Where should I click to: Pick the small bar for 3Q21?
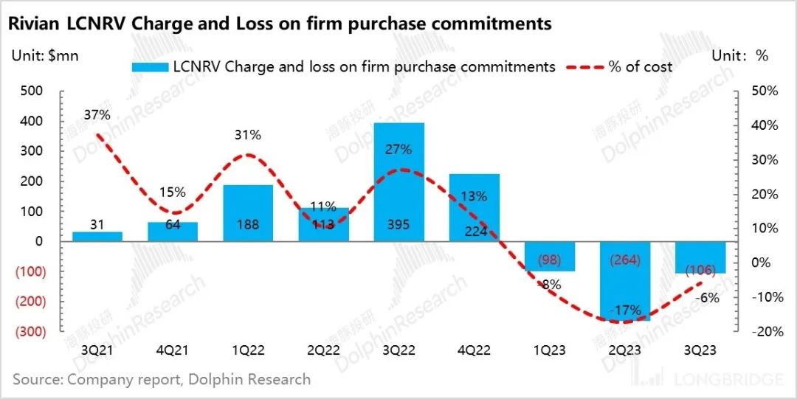(x=97, y=236)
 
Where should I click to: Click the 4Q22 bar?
(x=475, y=207)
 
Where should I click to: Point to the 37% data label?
(x=97, y=115)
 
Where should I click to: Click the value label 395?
(x=399, y=224)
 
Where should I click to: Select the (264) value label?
(x=626, y=260)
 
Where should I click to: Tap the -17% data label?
(x=626, y=310)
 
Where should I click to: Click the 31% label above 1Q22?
(x=248, y=135)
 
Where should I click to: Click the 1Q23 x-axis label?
(x=550, y=350)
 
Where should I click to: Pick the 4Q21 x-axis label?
(x=172, y=350)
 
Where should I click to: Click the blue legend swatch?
(x=150, y=67)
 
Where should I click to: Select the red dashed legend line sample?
(x=584, y=67)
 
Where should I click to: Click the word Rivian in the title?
(x=32, y=24)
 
